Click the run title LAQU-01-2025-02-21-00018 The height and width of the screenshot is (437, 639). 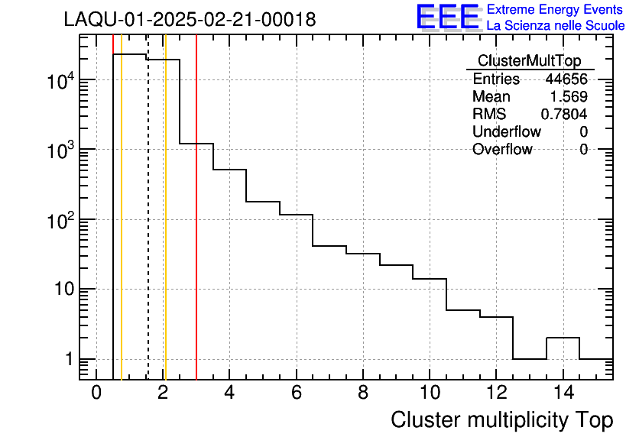tap(190, 20)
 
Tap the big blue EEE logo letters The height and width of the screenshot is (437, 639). tap(448, 18)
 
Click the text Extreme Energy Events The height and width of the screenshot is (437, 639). tap(556, 10)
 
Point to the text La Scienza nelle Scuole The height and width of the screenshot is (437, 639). tap(556, 26)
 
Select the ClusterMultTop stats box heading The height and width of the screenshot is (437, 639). tap(529, 61)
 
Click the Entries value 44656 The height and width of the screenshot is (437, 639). tap(566, 79)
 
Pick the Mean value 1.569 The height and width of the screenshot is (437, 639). tap(569, 97)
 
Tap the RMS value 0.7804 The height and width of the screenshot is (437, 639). tap(564, 114)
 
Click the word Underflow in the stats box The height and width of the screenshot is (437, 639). tap(506, 131)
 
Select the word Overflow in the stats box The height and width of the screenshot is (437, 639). tap(501, 149)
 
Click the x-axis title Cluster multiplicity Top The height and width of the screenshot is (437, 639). tap(501, 419)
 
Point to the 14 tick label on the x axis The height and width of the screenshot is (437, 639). tap(562, 393)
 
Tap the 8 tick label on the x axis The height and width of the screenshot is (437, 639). tap(362, 393)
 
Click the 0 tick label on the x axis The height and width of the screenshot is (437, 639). tap(96, 393)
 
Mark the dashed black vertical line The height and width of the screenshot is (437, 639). tap(148, 229)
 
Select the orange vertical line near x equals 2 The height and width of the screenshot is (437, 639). tap(165, 229)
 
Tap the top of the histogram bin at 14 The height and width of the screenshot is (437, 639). tap(563, 338)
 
